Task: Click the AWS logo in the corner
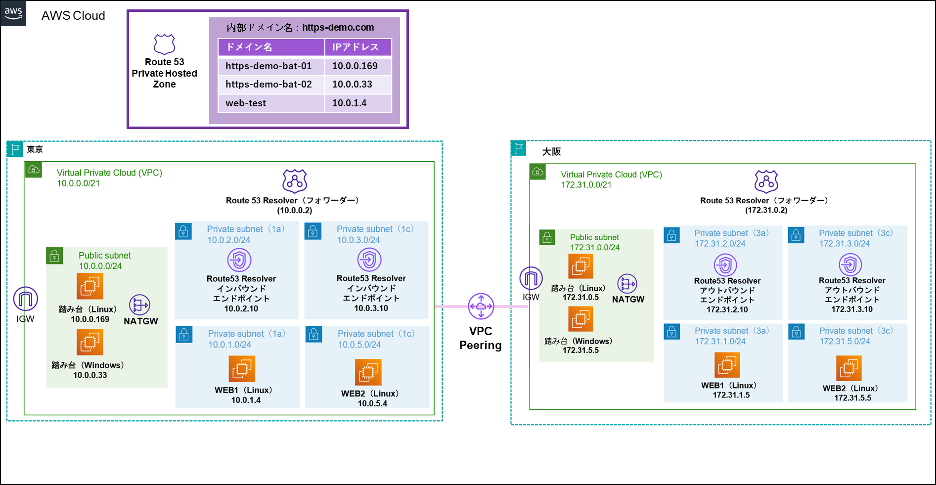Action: pyautogui.click(x=13, y=13)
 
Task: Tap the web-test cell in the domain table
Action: pyautogui.click(x=271, y=103)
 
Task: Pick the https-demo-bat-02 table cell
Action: pyautogui.click(x=271, y=85)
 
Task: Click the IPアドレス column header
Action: pyautogui.click(x=357, y=47)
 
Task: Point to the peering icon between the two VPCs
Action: pyautogui.click(x=481, y=307)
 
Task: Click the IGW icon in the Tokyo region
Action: pyautogui.click(x=25, y=299)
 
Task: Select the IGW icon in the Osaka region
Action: pyautogui.click(x=531, y=279)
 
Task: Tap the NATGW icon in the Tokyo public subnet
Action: pyautogui.click(x=139, y=305)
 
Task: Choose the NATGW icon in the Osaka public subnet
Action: pyautogui.click(x=627, y=284)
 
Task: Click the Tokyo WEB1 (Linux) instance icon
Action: pyautogui.click(x=242, y=369)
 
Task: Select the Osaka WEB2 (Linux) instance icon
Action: pyautogui.click(x=848, y=368)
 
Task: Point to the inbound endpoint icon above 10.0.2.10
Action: pyautogui.click(x=239, y=260)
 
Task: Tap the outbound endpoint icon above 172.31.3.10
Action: pyautogui.click(x=850, y=265)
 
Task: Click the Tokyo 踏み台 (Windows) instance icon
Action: pyautogui.click(x=89, y=342)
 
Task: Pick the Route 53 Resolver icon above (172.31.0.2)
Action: pyautogui.click(x=766, y=181)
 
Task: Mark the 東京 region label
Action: pyautogui.click(x=35, y=150)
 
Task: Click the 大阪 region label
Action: pyautogui.click(x=551, y=152)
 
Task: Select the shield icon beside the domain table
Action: pyautogui.click(x=165, y=44)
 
